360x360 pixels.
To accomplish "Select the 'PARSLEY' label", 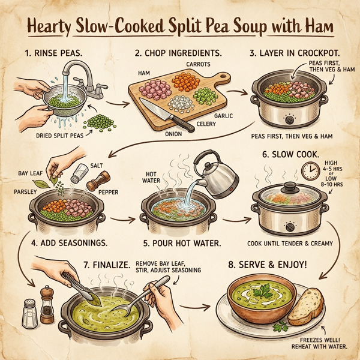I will point(23,193).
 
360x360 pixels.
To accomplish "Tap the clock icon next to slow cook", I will point(311,172).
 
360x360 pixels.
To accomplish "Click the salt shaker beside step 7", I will point(28,313).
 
